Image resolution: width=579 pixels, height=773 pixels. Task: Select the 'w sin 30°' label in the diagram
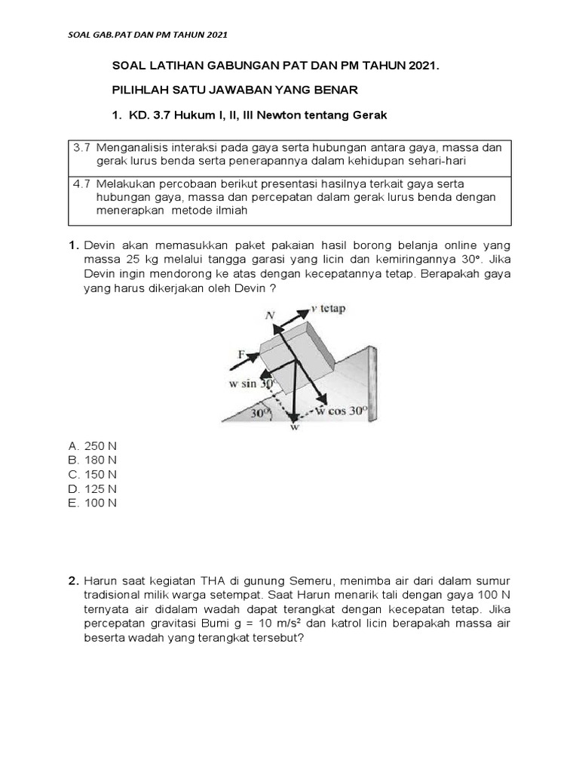pyautogui.click(x=250, y=383)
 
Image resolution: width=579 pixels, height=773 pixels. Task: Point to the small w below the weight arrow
pyautogui.click(x=295, y=427)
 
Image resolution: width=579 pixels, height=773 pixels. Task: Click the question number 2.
pyautogui.click(x=73, y=581)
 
